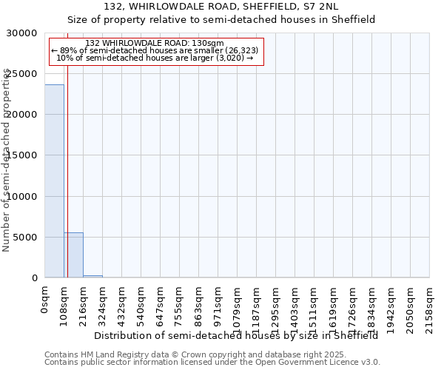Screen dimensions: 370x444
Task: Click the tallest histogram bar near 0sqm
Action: pyautogui.click(x=54, y=181)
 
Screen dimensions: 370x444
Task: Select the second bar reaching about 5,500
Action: pyautogui.click(x=73, y=255)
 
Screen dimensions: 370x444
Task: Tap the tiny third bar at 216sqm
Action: pyautogui.click(x=92, y=276)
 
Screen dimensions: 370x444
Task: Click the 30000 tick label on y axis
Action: pyautogui.click(x=22, y=33)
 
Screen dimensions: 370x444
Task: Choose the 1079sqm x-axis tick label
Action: pyautogui.click(x=238, y=304)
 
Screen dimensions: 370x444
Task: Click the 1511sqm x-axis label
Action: pyautogui.click(x=314, y=304)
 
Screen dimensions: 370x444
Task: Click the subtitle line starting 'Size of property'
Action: pyautogui.click(x=221, y=19)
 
